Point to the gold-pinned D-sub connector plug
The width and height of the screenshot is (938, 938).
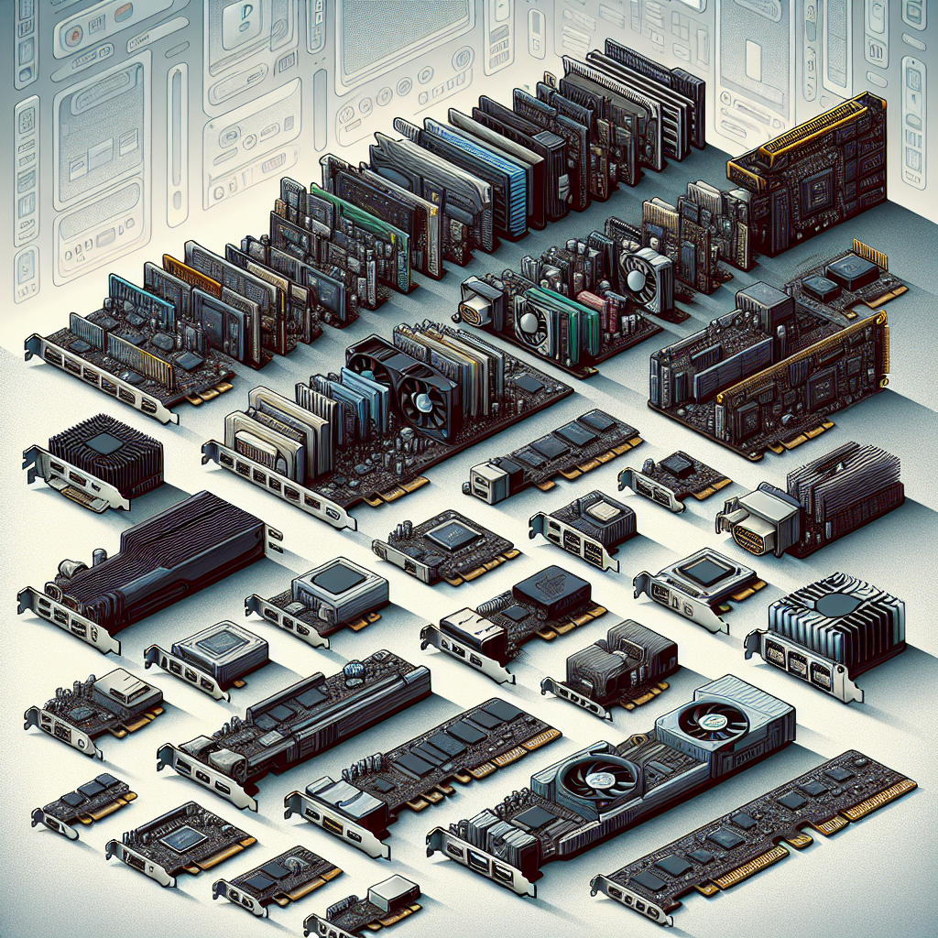click(748, 530)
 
